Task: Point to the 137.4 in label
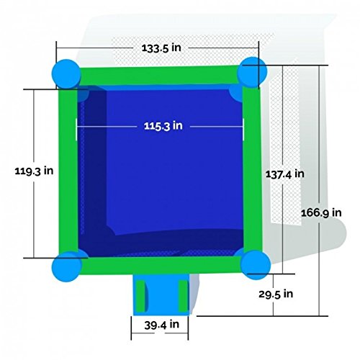pyautogui.click(x=284, y=174)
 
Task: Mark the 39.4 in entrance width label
pyautogui.click(x=159, y=325)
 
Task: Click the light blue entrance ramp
pyautogui.click(x=161, y=297)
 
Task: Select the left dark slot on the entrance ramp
pyautogui.click(x=141, y=297)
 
